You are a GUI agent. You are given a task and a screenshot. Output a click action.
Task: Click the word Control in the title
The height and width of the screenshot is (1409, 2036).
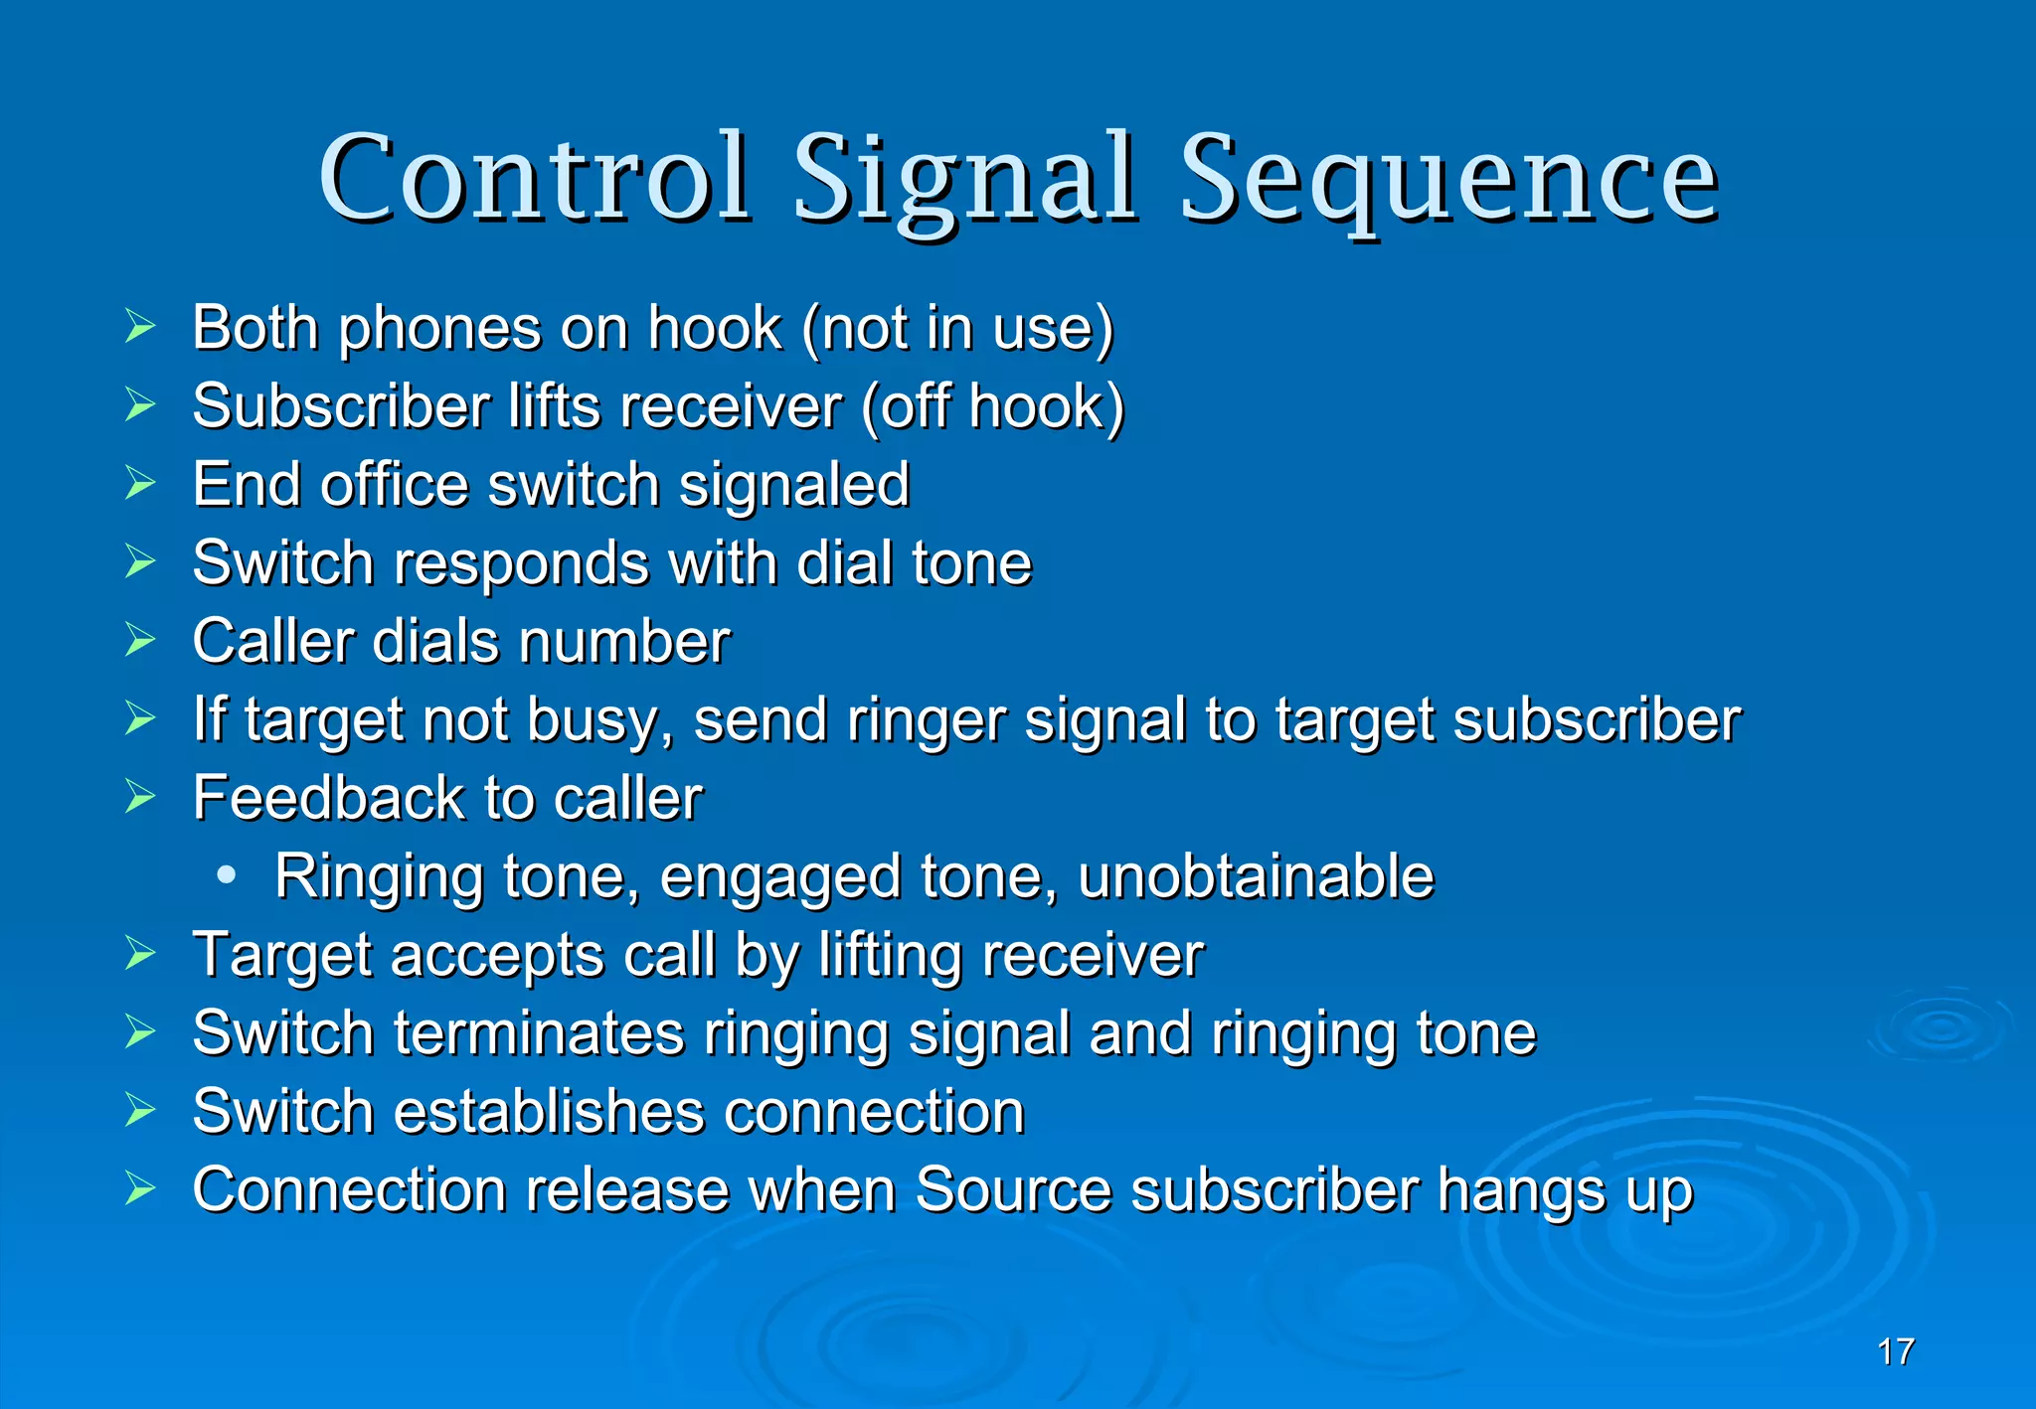click(534, 179)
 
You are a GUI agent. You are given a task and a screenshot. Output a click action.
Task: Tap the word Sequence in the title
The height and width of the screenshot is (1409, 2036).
click(1448, 181)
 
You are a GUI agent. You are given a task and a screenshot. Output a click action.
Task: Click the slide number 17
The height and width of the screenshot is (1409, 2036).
click(1896, 1351)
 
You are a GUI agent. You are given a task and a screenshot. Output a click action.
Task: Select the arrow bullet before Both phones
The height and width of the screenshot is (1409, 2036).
click(140, 327)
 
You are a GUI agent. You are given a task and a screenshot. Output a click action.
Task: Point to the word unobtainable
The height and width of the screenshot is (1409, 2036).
click(1256, 876)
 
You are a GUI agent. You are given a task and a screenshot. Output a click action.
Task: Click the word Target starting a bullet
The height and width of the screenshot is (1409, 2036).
click(281, 956)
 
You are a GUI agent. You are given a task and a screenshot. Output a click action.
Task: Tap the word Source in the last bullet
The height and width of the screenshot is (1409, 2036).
click(1013, 1189)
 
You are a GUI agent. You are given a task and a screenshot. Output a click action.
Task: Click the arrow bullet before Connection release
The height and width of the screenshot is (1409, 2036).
click(140, 1188)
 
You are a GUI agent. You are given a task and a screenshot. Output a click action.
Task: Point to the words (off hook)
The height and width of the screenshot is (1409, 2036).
click(992, 406)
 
